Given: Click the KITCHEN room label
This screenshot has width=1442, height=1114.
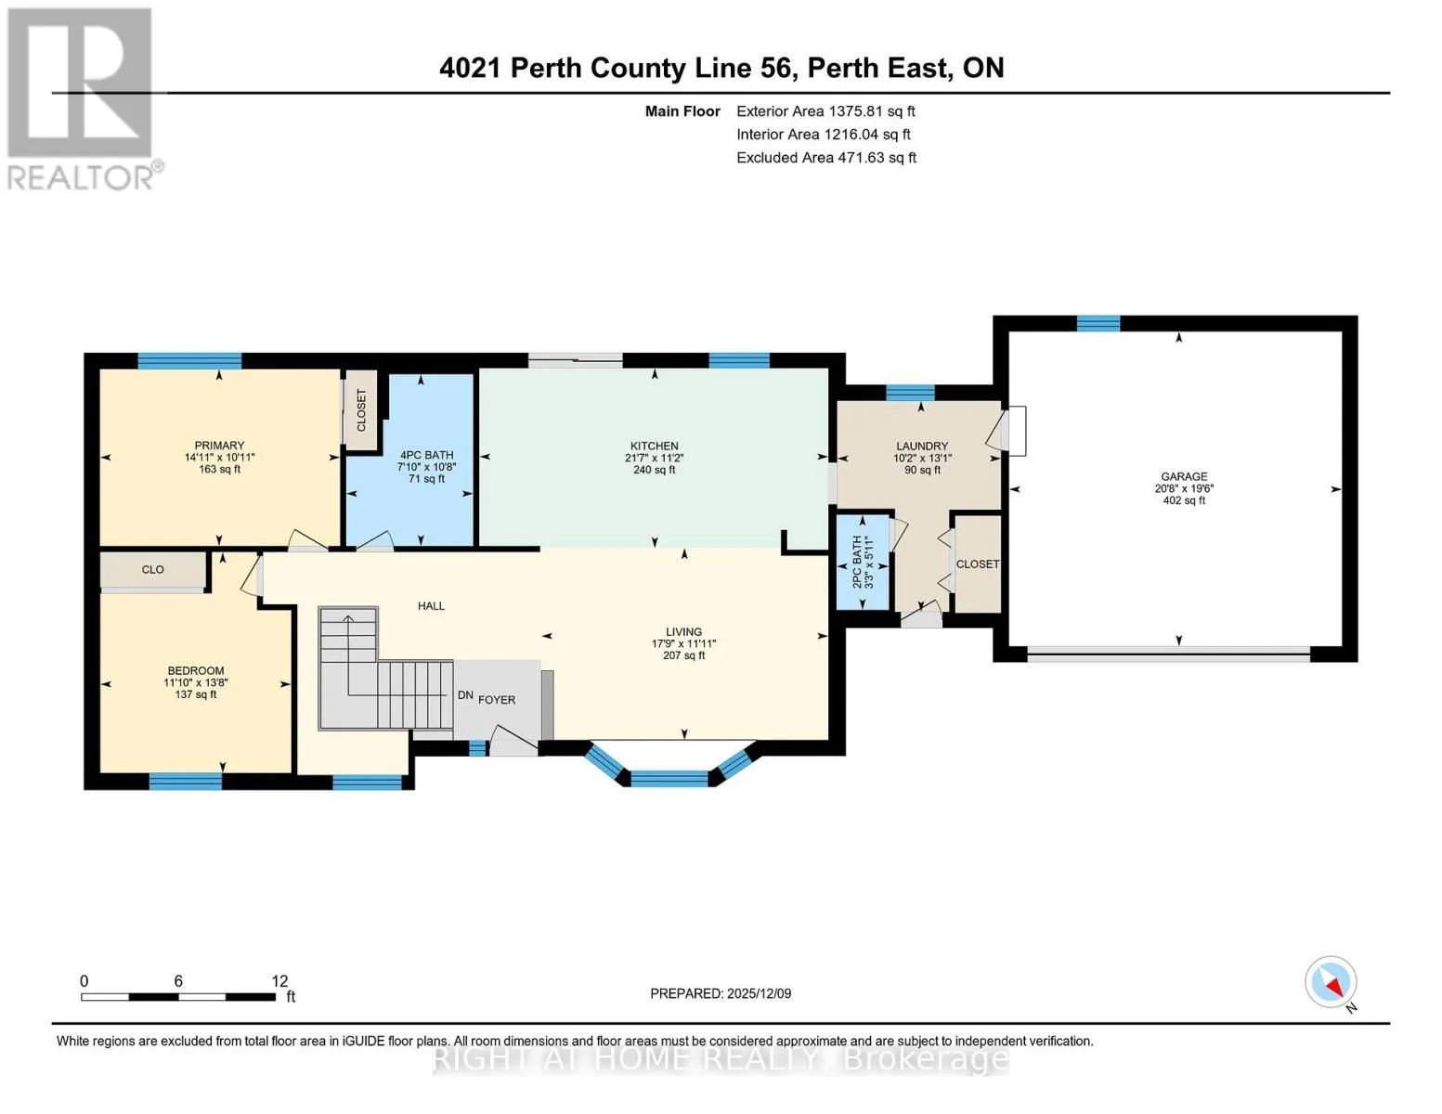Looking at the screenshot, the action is coord(654,446).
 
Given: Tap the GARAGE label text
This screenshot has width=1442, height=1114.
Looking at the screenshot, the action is coord(1184,476).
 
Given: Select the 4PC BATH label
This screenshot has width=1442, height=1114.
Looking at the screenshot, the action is coord(426,455).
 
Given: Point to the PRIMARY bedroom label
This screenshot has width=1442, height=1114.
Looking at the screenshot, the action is coord(219,446).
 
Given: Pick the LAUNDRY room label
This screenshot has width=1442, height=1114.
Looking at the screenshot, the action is coord(922,446).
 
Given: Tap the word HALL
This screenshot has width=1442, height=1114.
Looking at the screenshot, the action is coord(431,606).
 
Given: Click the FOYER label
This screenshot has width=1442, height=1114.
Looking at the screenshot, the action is coord(497,700).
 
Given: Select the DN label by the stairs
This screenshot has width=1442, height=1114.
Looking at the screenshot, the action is coord(465,695).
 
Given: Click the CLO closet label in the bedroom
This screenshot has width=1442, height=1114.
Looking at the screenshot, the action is coord(152,570).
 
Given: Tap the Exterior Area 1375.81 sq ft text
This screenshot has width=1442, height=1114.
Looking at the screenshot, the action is coord(825,111).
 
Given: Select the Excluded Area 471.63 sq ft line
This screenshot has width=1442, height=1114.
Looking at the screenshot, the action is coord(826,158).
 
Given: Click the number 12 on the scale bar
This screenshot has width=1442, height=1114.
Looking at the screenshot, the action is coord(279,980).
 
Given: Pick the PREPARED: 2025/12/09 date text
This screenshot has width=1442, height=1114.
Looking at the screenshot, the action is coord(721,993).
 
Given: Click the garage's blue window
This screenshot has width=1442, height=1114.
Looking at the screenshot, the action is coord(1098,324).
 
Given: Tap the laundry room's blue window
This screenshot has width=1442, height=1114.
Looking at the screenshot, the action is coord(911,393).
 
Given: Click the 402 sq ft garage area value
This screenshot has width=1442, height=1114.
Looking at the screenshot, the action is coord(1184,500).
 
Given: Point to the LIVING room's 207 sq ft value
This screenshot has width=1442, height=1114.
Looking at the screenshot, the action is coord(683,655).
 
